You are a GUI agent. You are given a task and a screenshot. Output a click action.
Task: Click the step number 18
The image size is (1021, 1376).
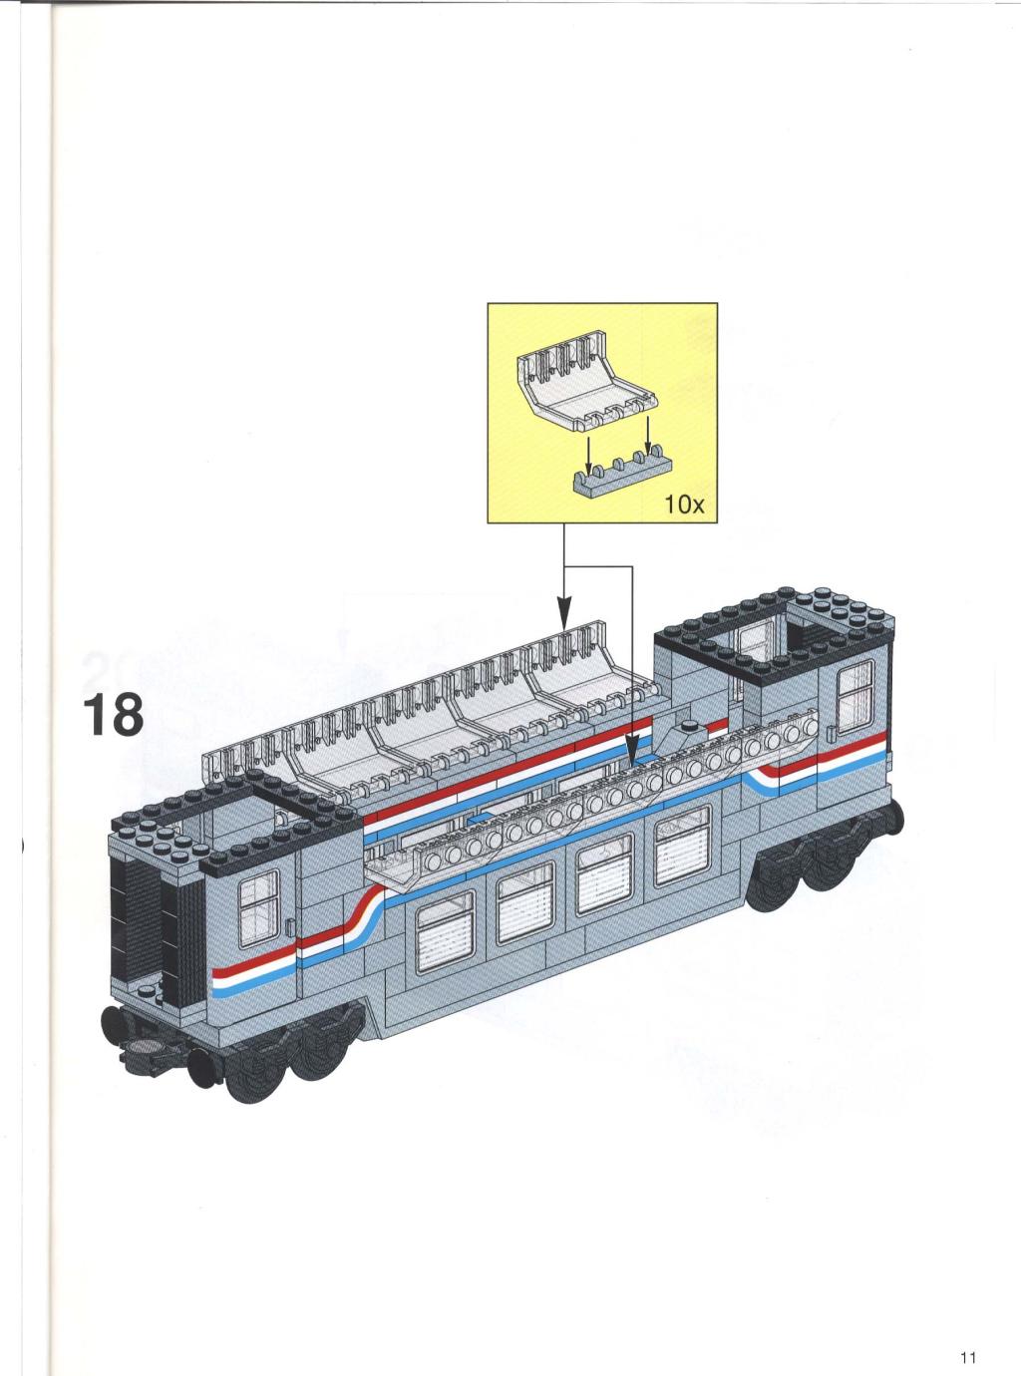click(113, 715)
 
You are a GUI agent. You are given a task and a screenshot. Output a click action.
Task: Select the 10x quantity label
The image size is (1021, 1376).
click(685, 505)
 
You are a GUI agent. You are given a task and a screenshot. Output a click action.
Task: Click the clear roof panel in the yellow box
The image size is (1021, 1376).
click(585, 380)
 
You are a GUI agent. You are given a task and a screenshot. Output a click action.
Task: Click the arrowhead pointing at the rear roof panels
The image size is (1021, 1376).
click(564, 612)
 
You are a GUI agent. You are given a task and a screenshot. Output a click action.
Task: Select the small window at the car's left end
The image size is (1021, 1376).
click(258, 908)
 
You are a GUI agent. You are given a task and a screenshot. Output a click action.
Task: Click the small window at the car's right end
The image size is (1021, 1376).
click(855, 696)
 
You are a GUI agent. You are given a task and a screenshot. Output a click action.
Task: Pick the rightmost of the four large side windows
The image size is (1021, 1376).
click(682, 846)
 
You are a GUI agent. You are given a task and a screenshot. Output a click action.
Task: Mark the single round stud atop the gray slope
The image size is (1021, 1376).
click(688, 725)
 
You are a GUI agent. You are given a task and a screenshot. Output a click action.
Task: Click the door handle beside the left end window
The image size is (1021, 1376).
click(289, 927)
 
